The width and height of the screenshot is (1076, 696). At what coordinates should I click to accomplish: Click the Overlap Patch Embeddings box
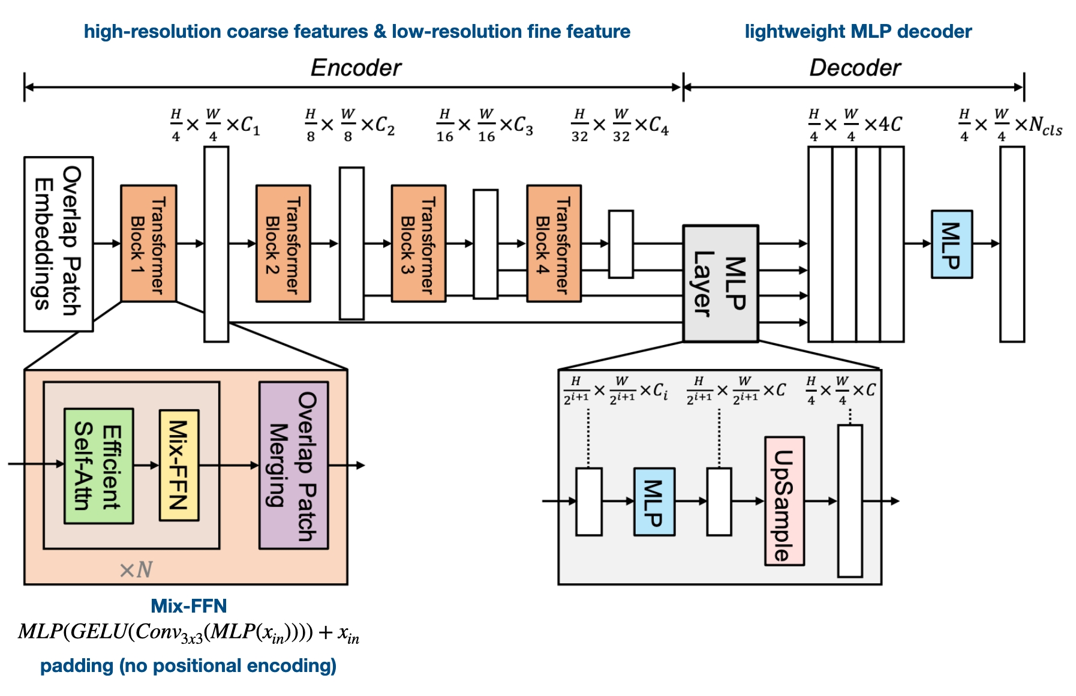58,244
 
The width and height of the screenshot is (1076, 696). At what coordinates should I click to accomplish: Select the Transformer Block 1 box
148,244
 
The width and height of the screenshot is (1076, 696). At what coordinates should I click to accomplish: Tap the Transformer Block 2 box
283,244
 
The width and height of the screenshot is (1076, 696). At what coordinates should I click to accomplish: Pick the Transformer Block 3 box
418,244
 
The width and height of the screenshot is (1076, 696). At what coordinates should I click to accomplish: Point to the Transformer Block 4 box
554,244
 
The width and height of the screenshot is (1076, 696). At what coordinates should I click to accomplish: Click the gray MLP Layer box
720,283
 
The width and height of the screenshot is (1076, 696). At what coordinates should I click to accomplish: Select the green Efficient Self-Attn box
98,466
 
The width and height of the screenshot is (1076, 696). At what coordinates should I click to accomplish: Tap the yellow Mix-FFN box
179,465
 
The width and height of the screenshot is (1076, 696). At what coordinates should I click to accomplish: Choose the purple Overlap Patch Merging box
293,466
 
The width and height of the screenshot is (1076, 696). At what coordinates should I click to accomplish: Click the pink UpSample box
784,501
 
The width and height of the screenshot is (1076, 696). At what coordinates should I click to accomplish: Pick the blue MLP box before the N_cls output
951,244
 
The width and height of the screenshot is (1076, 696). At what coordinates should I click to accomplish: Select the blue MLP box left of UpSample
654,502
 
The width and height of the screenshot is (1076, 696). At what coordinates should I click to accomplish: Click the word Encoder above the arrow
356,68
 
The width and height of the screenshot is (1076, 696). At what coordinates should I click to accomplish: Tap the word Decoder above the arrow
855,68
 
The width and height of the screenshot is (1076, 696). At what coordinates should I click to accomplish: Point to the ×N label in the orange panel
136,569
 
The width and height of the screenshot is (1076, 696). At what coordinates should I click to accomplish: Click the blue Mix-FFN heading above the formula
188,605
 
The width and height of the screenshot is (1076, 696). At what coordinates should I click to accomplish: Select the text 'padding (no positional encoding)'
188,665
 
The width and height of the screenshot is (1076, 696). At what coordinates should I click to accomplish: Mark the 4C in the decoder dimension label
890,124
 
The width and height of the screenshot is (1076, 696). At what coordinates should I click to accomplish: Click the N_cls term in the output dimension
1045,125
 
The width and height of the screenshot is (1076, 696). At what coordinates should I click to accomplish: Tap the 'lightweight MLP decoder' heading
858,31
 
